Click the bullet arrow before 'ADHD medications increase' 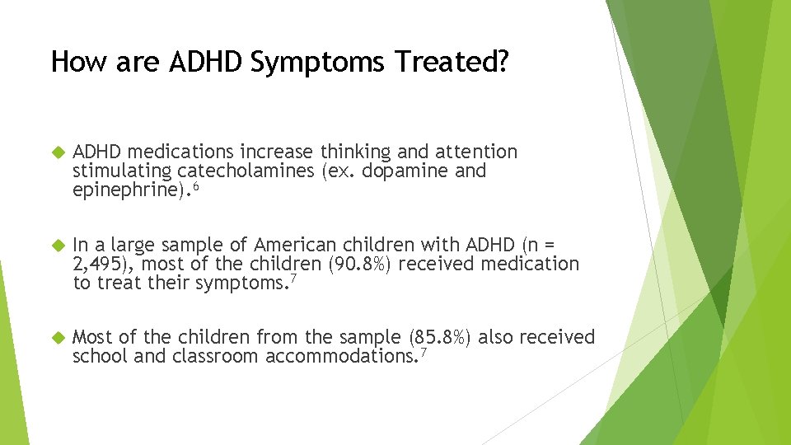pyautogui.click(x=57, y=152)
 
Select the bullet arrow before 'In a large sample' pyautogui.click(x=57, y=245)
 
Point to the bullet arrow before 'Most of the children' pyautogui.click(x=57, y=337)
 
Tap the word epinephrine pyautogui.click(x=128, y=191)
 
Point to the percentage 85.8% pyautogui.click(x=441, y=337)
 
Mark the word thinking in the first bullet pyautogui.click(x=356, y=152)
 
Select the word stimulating pyautogui.click(x=122, y=171)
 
